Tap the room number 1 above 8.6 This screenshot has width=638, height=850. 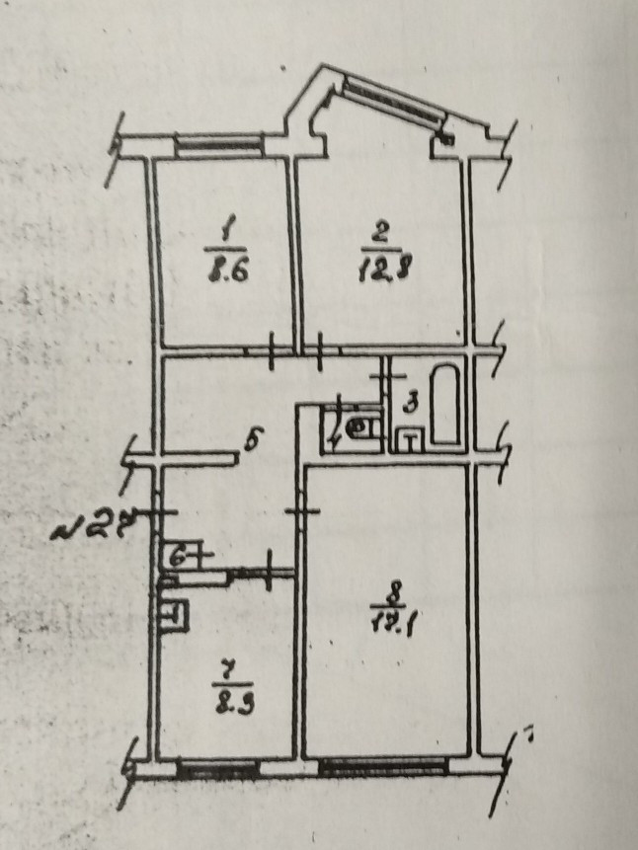pos(227,233)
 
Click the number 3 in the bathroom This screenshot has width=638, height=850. pos(414,402)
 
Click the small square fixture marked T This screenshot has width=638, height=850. pos(409,440)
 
